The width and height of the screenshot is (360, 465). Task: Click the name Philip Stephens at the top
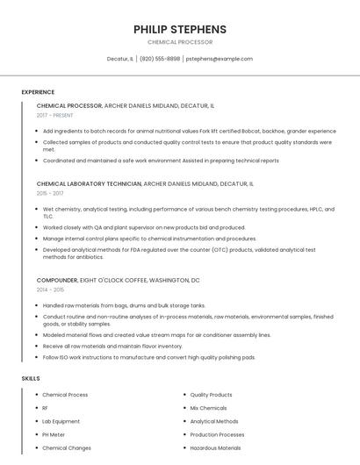[x=180, y=29]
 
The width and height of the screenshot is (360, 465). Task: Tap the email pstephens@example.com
[x=219, y=59]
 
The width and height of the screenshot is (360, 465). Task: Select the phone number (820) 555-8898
[x=160, y=59]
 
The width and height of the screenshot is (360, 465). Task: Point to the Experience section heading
[x=38, y=92]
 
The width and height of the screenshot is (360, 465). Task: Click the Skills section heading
[x=31, y=378]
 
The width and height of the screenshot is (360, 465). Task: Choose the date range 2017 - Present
[x=55, y=115]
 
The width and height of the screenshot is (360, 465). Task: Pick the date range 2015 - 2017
[x=50, y=193]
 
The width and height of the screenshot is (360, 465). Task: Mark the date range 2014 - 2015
[x=50, y=290]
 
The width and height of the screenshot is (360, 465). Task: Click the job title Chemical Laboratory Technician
[x=89, y=183]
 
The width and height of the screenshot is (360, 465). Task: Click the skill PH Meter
[x=54, y=434]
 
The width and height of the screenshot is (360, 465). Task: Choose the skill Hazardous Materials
[x=215, y=447]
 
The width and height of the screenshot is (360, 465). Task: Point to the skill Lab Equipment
[x=61, y=421]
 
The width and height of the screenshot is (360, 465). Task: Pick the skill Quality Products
[x=211, y=395]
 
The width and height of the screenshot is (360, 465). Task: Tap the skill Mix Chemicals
[x=208, y=408]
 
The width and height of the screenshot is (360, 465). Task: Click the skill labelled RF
[x=46, y=408]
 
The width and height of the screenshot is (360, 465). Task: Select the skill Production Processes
[x=217, y=434]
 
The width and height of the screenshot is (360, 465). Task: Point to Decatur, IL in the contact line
[x=120, y=59]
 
